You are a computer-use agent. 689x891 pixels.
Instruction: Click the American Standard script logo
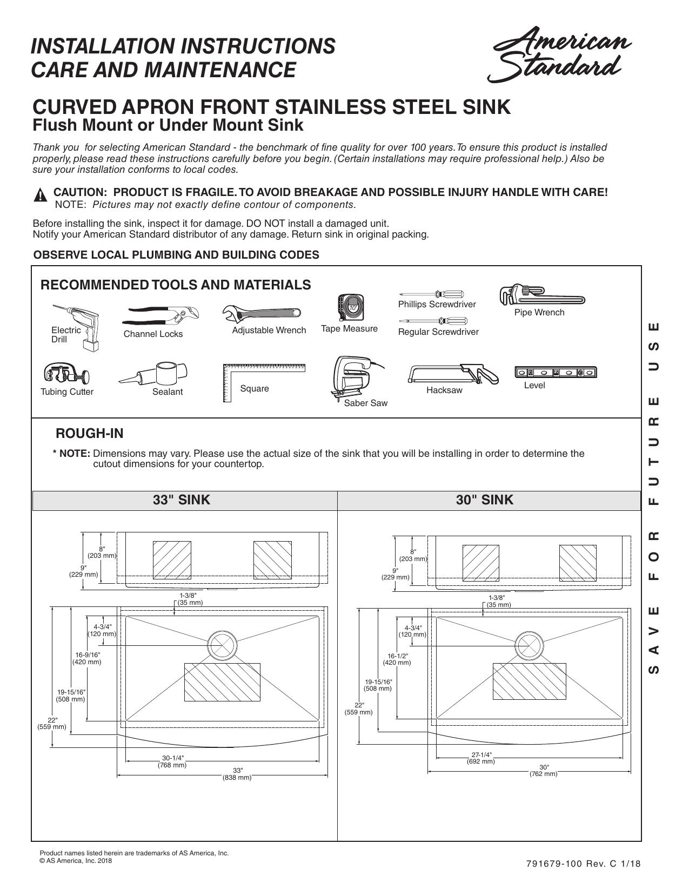559,54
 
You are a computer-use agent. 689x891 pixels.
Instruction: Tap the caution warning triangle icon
40,195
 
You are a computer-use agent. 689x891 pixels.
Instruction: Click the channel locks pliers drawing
161,316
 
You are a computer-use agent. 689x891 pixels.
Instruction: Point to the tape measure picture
351,307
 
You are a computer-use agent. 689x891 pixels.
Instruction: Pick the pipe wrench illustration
542,295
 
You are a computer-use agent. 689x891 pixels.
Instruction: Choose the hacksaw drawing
453,374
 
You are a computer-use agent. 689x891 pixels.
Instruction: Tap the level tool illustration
556,372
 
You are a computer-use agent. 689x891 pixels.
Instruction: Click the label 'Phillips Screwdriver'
437,304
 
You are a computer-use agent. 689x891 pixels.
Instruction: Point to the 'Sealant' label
168,391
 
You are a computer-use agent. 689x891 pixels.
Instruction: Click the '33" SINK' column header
182,500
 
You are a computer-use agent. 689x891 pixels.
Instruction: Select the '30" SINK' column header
485,500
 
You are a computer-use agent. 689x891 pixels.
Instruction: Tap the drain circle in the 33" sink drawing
223,645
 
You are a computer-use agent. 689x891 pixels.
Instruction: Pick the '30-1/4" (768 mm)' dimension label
172,761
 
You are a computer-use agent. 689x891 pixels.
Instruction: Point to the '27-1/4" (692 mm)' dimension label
481,758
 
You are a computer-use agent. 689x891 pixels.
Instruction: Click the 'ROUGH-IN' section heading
90,434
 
